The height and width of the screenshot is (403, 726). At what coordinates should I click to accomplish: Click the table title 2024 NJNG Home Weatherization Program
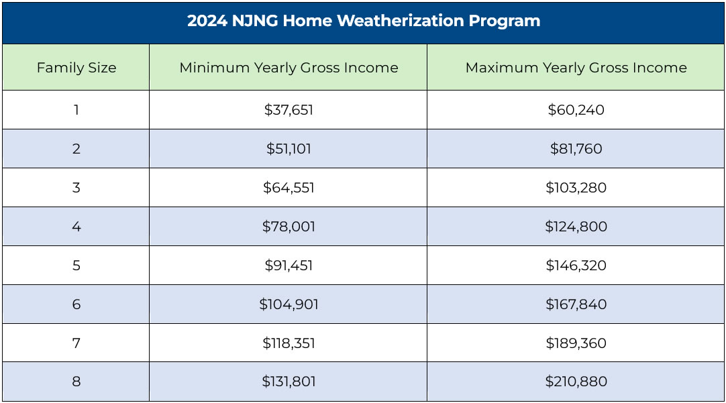point(363,21)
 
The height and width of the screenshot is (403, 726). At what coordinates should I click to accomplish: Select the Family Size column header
point(76,68)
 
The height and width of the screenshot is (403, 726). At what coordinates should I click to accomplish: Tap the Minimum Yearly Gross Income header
point(289,68)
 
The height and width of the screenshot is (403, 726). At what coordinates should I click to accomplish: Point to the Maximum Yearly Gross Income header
point(576,68)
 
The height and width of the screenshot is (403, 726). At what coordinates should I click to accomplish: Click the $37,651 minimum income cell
point(289,110)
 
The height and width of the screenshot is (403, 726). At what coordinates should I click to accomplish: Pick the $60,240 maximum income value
point(576,110)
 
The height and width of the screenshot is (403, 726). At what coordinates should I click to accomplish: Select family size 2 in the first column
point(76,149)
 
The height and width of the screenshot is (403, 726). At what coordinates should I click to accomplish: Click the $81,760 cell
point(576,149)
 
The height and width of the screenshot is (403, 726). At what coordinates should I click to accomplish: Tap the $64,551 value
point(289,188)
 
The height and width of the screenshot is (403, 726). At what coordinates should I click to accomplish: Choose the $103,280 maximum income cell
point(576,188)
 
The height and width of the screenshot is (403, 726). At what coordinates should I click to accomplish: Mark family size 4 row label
point(76,227)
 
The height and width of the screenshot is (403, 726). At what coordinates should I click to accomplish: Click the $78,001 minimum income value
point(289,227)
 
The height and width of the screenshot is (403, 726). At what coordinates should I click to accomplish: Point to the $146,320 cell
point(576,266)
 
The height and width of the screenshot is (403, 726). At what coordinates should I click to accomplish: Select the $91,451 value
point(289,266)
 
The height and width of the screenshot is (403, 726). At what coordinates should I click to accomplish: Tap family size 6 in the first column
point(76,304)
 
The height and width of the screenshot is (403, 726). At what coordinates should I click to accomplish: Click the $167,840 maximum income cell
point(576,304)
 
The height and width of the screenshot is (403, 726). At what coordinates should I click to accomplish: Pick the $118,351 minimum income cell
point(289,343)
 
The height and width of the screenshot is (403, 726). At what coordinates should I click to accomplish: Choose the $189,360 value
point(576,343)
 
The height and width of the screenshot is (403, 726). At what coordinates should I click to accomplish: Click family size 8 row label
point(76,382)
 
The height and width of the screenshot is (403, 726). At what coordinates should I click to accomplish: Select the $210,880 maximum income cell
point(576,382)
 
